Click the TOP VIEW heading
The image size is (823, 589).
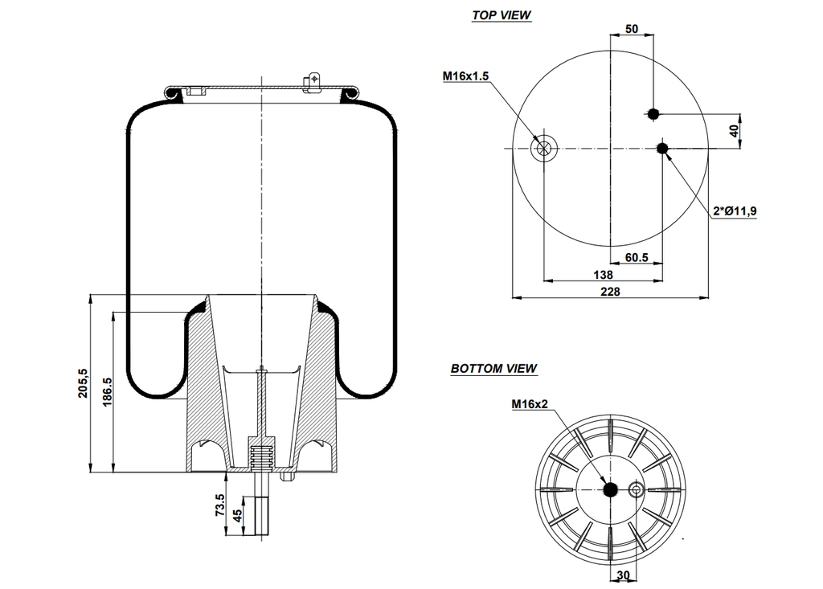point(502,15)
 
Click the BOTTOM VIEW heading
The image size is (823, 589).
point(493,369)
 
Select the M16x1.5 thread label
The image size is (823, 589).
point(465,76)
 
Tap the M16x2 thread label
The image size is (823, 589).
point(529,404)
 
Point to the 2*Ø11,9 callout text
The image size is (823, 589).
point(735,211)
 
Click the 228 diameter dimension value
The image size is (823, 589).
point(611,291)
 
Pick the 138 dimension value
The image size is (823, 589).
point(603,275)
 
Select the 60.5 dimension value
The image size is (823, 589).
point(637,258)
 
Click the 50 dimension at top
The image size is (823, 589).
point(632,29)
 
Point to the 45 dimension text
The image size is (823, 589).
point(237,515)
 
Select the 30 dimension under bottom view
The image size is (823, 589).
point(624,575)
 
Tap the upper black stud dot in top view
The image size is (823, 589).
point(653,113)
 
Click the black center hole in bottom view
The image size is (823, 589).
point(610,489)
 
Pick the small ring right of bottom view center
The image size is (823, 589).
point(636,489)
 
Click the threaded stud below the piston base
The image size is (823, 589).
point(260,514)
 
